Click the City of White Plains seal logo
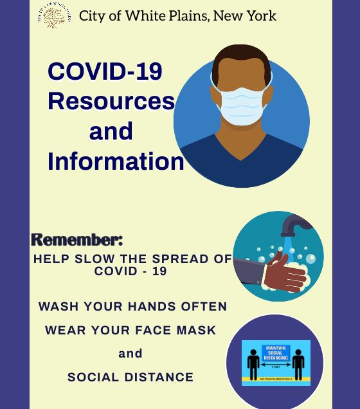pyautogui.click(x=54, y=15)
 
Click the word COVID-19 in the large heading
pyautogui.click(x=105, y=71)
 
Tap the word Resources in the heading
pyautogui.click(x=111, y=101)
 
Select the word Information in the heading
pyautogui.click(x=116, y=161)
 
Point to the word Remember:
pyautogui.click(x=76, y=240)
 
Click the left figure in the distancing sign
pyautogui.click(x=253, y=365)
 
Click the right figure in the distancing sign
pyautogui.click(x=298, y=365)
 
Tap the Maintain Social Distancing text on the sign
pyautogui.click(x=276, y=352)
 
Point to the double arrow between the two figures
pyautogui.click(x=276, y=364)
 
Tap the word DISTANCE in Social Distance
pyautogui.click(x=161, y=377)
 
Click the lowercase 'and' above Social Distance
pyautogui.click(x=130, y=353)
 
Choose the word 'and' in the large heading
pyautogui.click(x=111, y=131)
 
